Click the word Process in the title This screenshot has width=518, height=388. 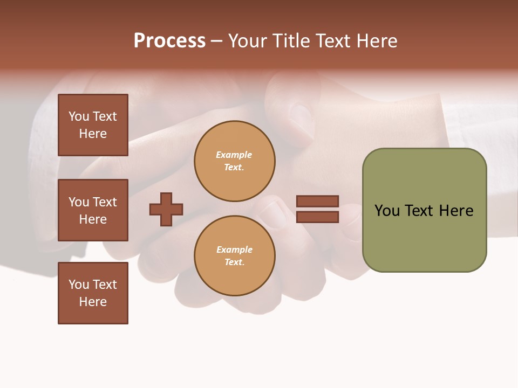(169, 41)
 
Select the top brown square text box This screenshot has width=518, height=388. (93, 125)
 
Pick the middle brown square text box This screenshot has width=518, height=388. (93, 210)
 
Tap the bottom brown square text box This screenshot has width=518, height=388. (93, 293)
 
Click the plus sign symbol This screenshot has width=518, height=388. (166, 209)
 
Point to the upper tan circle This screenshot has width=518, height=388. (234, 161)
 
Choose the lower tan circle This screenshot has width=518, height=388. (234, 256)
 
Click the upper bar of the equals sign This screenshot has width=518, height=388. (317, 201)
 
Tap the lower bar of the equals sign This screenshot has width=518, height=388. (317, 217)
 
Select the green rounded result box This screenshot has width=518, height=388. (424, 210)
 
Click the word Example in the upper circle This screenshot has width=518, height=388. (234, 155)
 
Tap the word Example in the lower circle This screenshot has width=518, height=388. (234, 250)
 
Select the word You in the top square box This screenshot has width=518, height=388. (79, 116)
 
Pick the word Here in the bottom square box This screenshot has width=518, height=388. (93, 302)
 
